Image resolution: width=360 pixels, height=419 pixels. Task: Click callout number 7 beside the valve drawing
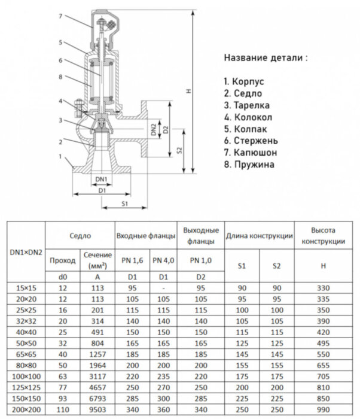pos(60,16)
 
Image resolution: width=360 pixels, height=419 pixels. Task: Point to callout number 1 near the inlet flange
pos(60,156)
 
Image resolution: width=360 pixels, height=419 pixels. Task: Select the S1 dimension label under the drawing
pos(125,204)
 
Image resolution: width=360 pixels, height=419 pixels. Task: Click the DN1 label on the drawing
pos(101,180)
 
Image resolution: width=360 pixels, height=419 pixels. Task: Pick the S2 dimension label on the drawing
pos(180,151)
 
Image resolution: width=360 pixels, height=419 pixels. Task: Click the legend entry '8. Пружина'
pos(249,163)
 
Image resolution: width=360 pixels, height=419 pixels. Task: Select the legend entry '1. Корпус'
pos(244,81)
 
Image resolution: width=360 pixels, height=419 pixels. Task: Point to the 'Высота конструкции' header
pos(323,236)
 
